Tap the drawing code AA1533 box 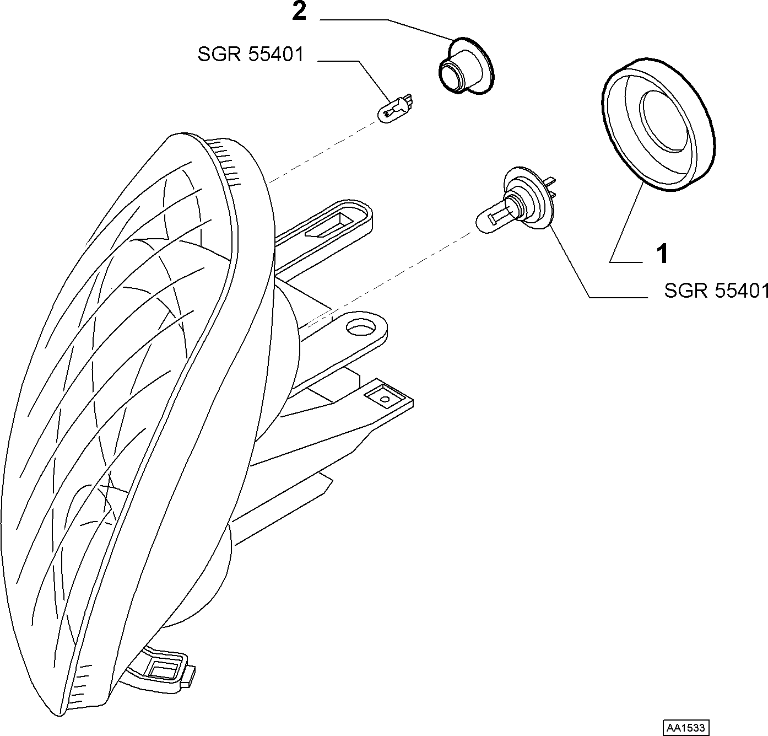pyautogui.click(x=686, y=727)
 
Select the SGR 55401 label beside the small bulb pyautogui.click(x=251, y=54)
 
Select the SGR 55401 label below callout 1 pyautogui.click(x=716, y=291)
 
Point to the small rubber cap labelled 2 pyautogui.click(x=466, y=66)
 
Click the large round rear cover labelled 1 pyautogui.click(x=658, y=125)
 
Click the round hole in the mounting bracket pyautogui.click(x=360, y=327)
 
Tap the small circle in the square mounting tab pyautogui.click(x=385, y=399)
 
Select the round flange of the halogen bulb pyautogui.click(x=527, y=197)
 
